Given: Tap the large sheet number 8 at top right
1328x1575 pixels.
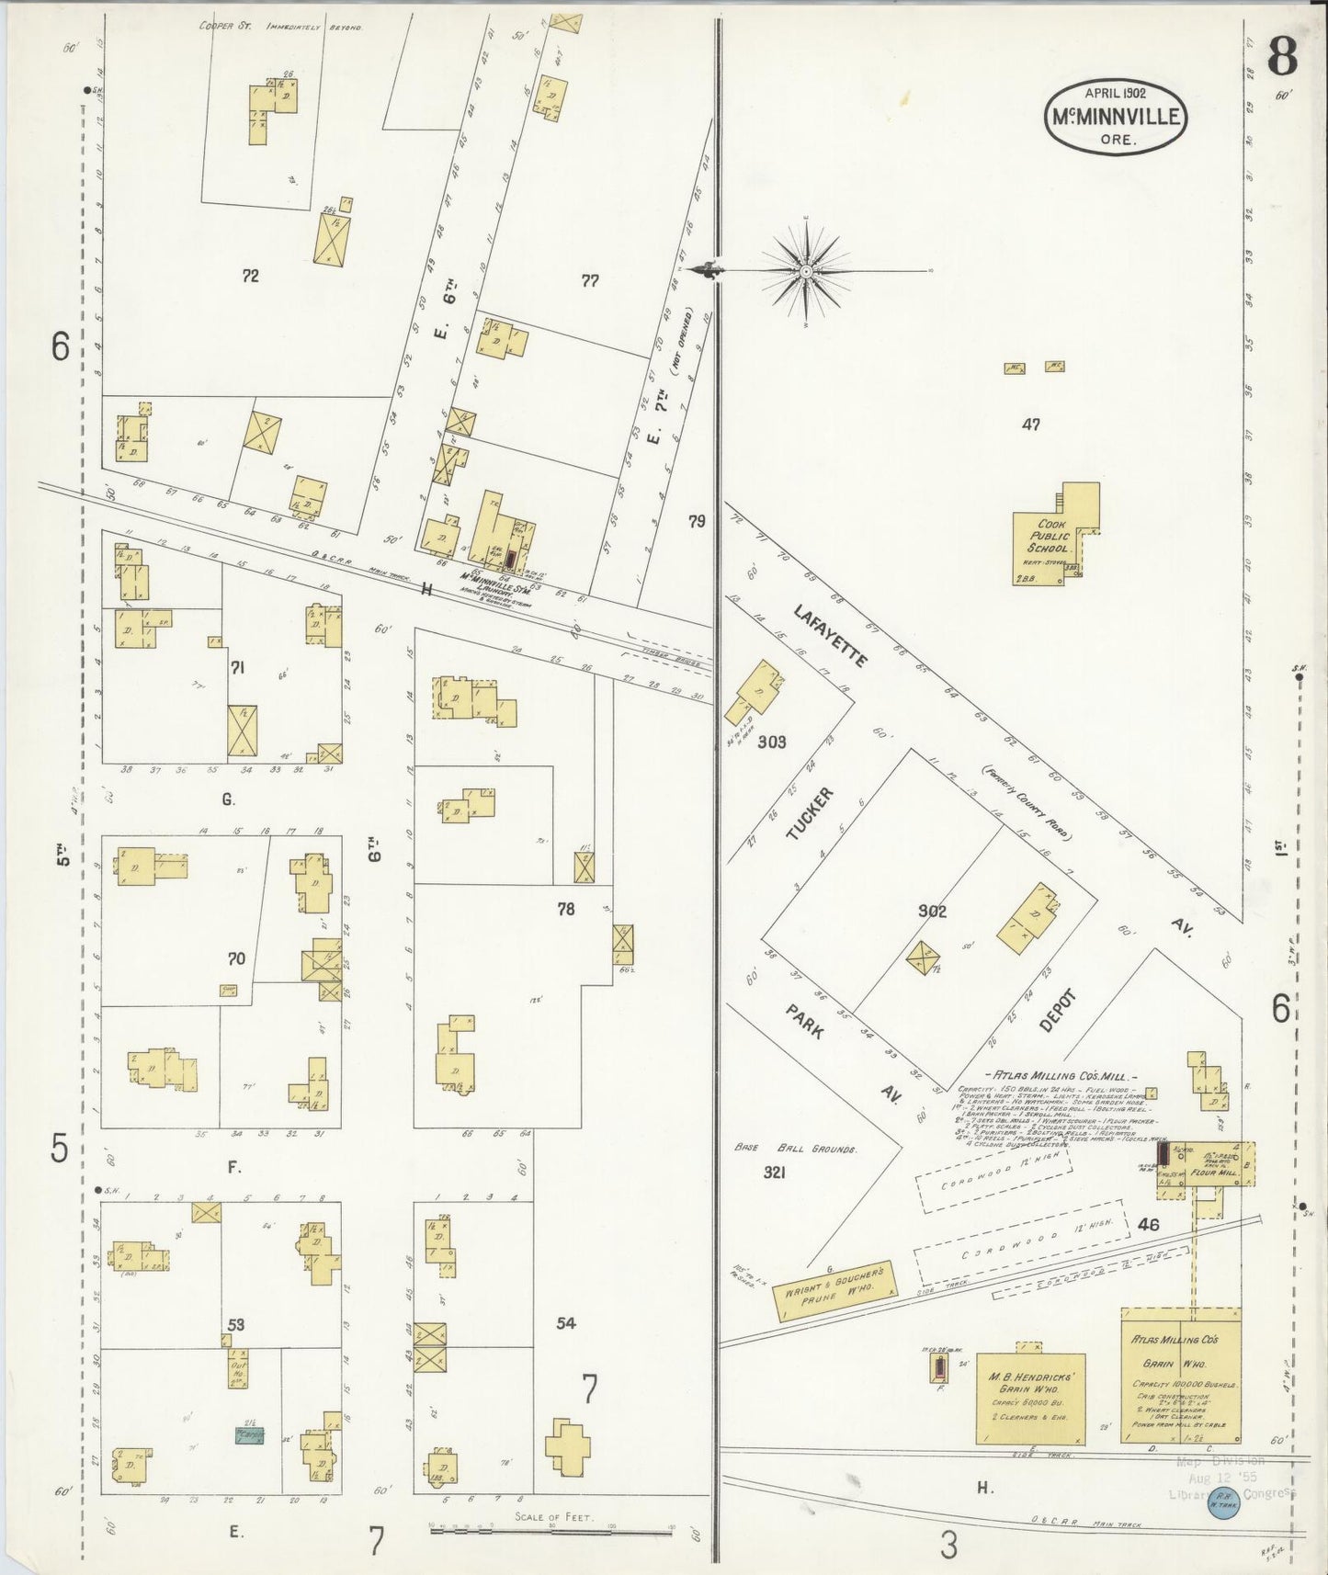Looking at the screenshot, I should coord(1282,57).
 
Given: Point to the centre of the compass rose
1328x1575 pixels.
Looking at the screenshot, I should coord(806,271).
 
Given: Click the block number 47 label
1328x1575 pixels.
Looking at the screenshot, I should coord(1030,425).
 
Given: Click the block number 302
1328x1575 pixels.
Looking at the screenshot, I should coord(931,911).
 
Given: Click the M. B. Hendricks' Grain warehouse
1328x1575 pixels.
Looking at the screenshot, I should coord(1029,1398).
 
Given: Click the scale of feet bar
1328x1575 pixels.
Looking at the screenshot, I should coord(551,1532).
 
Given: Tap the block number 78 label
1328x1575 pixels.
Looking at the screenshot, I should coord(565,909).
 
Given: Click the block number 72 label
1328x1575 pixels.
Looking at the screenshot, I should coord(250,276).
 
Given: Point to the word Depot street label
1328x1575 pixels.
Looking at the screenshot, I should coord(1057,1010).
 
